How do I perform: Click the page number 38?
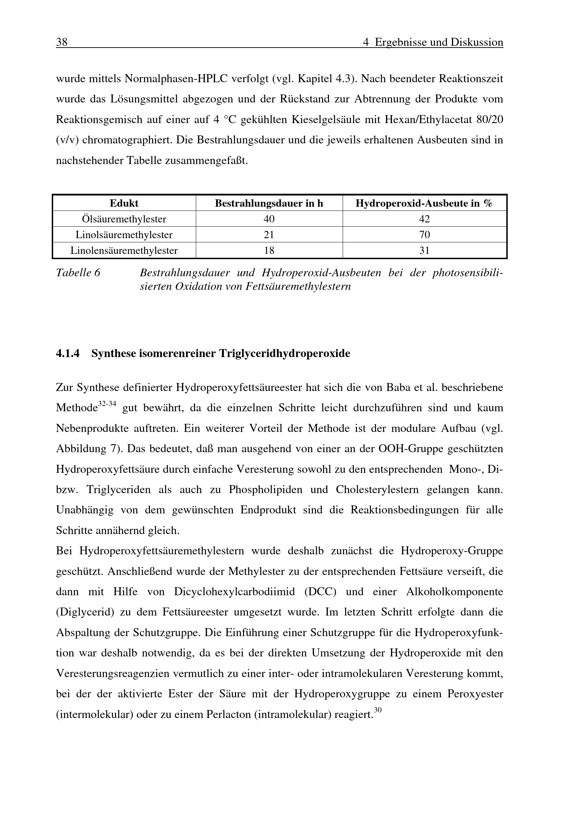pos(62,42)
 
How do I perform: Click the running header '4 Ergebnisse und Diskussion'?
pos(433,42)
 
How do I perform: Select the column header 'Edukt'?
pos(124,204)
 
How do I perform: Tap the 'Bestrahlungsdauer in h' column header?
pos(269,204)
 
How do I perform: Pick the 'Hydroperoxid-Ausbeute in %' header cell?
pos(424,204)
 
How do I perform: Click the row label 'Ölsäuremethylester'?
pos(124,219)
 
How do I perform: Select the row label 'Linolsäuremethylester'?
pos(124,235)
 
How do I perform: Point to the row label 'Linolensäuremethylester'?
pos(124,251)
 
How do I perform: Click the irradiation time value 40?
pos(269,219)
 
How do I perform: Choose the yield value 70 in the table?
pos(424,235)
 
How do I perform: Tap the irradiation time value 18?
pos(269,251)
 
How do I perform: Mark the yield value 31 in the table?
pos(424,251)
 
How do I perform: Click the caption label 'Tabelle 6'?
pos(78,273)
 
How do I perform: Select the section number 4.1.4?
pos(68,354)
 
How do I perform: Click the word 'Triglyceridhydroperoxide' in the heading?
pos(285,354)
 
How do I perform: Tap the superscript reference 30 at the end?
pos(378,710)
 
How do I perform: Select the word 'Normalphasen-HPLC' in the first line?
pos(176,79)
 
